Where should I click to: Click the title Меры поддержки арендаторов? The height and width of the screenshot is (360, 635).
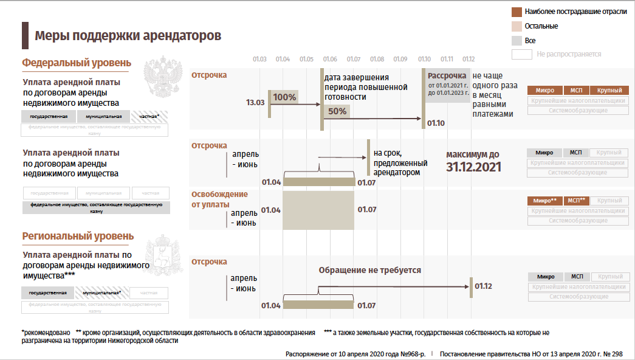pos(128,36)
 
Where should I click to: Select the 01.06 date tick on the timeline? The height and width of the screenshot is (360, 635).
pos(331,59)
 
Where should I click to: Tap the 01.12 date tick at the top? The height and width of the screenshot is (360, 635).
pos(468,59)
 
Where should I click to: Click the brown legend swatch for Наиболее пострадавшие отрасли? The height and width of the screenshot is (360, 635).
pos(517,12)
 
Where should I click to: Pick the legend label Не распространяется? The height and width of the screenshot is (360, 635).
pos(569,54)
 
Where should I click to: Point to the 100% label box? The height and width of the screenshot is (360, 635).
pos(284,97)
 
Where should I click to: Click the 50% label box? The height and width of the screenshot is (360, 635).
pos(337,111)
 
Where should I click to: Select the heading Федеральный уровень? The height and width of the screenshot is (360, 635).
pos(77,63)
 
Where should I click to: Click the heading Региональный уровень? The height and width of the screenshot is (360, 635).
pos(78,237)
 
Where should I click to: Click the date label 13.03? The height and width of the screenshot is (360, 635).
pos(255,103)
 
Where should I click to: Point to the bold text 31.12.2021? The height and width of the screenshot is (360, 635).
pos(473,167)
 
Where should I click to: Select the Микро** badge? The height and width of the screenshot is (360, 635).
pos(545,201)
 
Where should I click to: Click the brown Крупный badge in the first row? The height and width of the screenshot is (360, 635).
pos(609,91)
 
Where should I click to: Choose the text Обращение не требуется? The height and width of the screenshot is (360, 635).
pos(369,270)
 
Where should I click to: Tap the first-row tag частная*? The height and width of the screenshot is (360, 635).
pos(149,116)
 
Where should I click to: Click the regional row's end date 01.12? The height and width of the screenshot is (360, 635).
pos(483,286)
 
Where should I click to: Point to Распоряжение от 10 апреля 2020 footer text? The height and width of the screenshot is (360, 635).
pos(355,353)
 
